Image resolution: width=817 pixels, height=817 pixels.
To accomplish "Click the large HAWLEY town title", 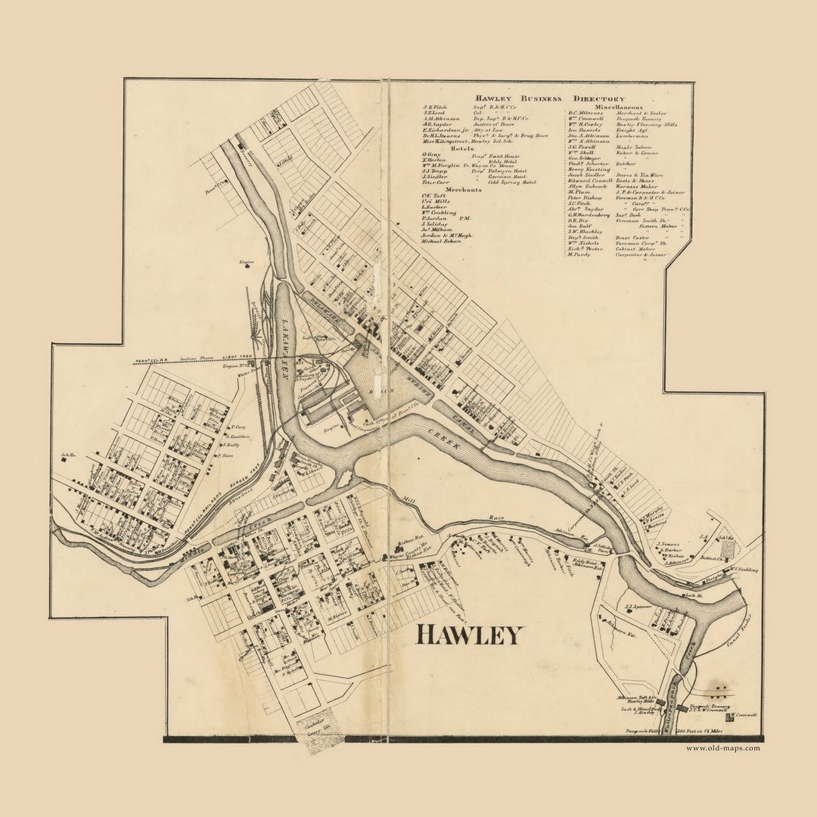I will coord(469,635).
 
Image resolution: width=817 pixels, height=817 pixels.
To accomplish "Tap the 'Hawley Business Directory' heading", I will coord(550,99).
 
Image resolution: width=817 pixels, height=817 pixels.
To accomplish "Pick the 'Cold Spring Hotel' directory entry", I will coord(512,182).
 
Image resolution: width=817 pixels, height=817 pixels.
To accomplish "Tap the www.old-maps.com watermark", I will coord(723,748).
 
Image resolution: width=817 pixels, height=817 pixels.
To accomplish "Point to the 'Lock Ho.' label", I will coord(689,595).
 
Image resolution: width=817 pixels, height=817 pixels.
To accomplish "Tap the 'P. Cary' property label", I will coord(238,427).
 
